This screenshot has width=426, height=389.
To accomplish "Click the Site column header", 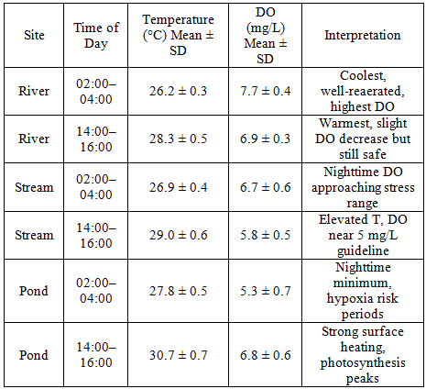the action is tap(34, 35).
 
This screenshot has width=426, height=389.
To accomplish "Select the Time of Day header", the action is tap(96, 36).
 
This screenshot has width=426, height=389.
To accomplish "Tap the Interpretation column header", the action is tap(363, 35).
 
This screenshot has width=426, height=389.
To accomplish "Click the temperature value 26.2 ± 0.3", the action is tap(178, 91).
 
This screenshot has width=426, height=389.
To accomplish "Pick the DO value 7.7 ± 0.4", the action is tap(265, 91).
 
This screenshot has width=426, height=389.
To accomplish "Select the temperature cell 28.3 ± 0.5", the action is tap(178, 139).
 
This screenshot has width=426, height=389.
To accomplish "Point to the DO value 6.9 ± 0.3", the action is tap(265, 139).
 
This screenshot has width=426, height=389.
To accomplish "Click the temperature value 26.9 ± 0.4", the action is tap(178, 187).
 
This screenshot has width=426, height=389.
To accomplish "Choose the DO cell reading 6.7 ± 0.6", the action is tap(265, 187).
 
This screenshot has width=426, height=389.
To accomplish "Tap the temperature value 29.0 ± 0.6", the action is tap(178, 235).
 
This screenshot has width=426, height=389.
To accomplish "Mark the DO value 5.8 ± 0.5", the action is tap(265, 235).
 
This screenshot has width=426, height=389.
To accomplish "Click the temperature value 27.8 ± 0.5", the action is tap(178, 291).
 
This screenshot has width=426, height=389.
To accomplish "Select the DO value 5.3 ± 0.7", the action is tap(265, 291).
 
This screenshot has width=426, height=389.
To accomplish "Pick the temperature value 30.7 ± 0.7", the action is tap(178, 355).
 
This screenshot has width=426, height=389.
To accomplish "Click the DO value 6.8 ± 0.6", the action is tap(265, 355).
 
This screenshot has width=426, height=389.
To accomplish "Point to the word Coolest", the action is tap(363, 76).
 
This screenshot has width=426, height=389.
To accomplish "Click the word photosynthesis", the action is tap(363, 363).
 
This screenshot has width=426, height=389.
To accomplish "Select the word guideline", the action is tap(363, 251).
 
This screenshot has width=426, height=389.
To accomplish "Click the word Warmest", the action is tap(342, 123).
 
